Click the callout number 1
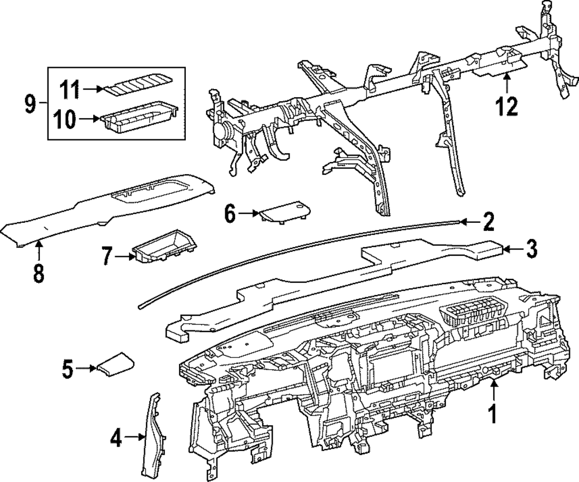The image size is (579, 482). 493,414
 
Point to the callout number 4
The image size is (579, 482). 116,440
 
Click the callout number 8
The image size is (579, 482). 38,273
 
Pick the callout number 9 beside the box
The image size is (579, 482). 30,105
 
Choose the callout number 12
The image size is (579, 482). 508,106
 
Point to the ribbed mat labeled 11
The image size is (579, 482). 138,89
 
